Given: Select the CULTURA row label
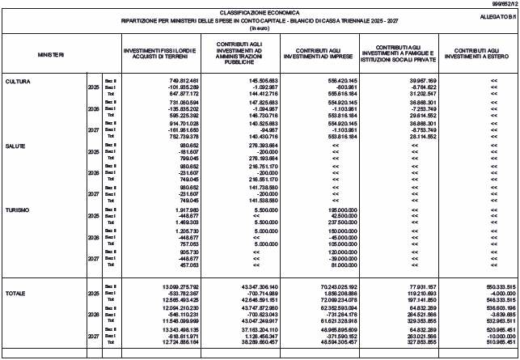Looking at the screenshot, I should click(17, 82).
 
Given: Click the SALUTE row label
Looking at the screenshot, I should click(15, 146).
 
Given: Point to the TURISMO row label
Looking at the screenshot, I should click(18, 210).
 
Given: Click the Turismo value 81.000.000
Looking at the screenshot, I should click(347, 264).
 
